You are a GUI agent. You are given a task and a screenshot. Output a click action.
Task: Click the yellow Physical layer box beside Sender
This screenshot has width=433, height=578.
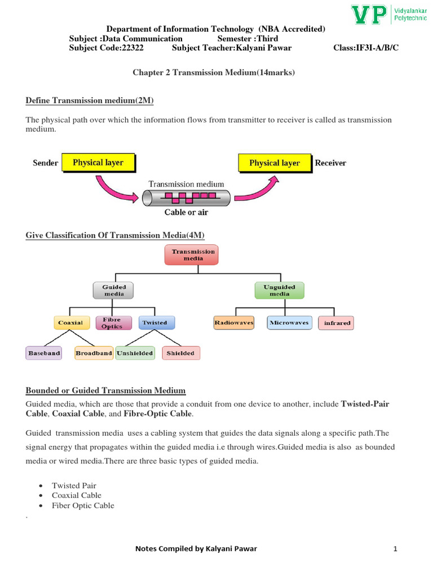tap(98, 163)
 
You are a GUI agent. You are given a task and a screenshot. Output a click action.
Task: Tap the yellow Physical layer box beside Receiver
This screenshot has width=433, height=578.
tap(275, 163)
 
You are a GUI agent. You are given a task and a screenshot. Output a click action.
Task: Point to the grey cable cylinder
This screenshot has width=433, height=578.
tap(186, 198)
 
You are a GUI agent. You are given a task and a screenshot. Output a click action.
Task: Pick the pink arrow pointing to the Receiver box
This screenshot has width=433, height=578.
tap(257, 189)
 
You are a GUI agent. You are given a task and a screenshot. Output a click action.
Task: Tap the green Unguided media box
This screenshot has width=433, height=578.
tap(279, 290)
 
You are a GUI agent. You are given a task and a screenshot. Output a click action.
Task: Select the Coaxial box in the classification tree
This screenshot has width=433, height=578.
tap(70, 323)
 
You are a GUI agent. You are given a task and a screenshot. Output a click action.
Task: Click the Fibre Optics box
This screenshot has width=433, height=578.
tap(112, 323)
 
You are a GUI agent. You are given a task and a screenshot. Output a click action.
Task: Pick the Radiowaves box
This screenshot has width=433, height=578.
tap(233, 323)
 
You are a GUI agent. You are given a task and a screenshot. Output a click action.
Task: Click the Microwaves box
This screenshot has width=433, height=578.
tap(289, 323)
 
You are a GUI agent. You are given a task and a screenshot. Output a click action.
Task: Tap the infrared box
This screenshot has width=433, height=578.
tap(337, 323)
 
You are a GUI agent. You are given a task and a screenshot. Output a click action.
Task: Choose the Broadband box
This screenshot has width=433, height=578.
tap(94, 353)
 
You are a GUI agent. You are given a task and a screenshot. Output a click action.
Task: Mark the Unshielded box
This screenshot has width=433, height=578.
tap(135, 353)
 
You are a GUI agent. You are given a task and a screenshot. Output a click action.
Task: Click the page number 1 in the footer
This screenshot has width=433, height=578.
tap(396, 549)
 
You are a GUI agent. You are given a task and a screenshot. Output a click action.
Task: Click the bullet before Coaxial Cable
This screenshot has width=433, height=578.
tap(42, 496)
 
